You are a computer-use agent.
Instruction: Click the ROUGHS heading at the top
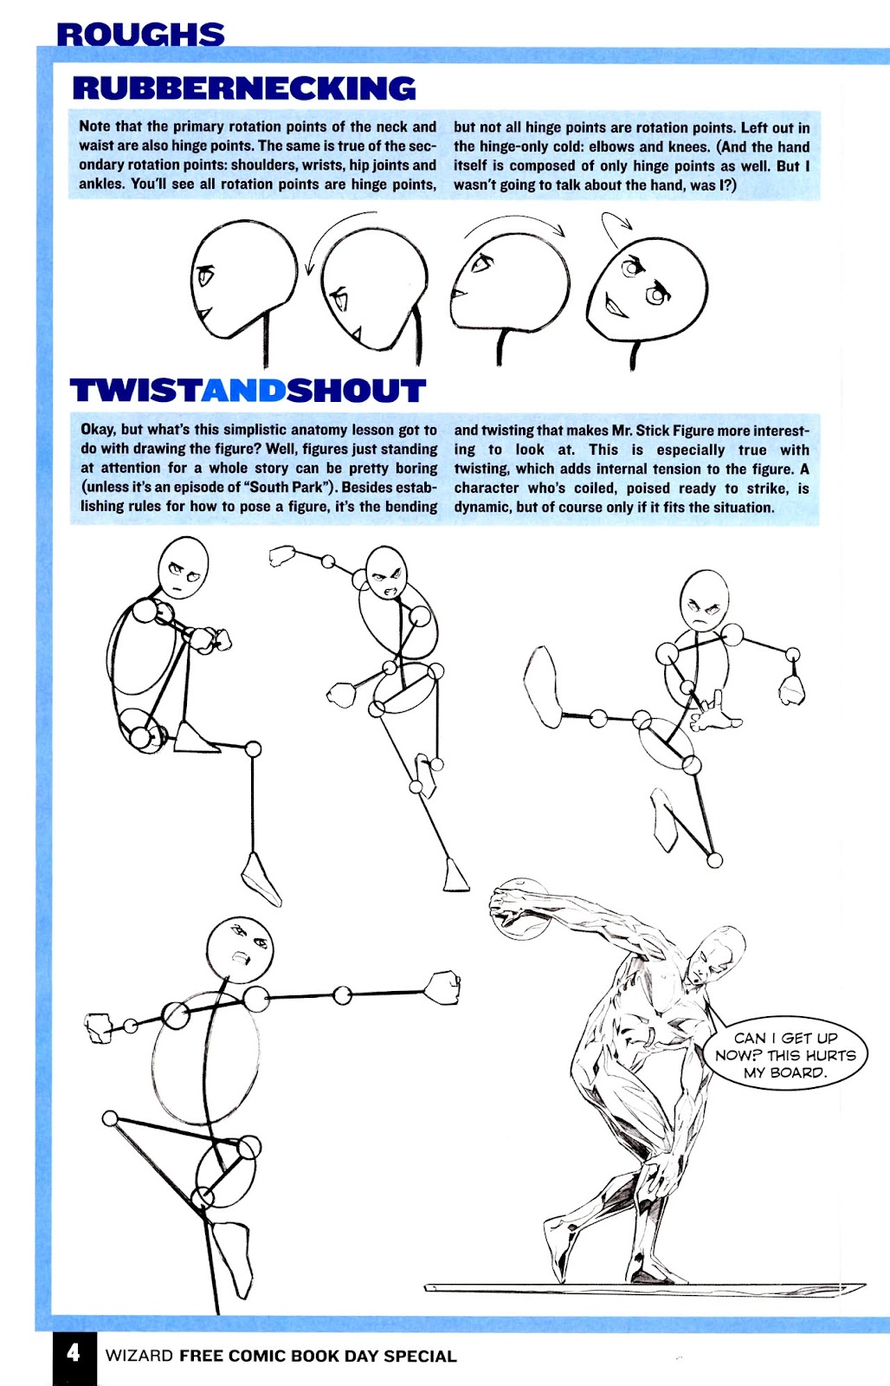pyautogui.click(x=140, y=34)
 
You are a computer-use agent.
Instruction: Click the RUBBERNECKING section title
pyautogui.click(x=244, y=88)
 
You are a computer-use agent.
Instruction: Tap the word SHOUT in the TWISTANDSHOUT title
pyautogui.click(x=356, y=391)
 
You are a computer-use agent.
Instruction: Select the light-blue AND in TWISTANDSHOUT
pyautogui.click(x=244, y=391)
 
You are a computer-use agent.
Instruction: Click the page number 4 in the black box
pyautogui.click(x=73, y=1352)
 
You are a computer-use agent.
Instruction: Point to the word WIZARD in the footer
pyautogui.click(x=139, y=1356)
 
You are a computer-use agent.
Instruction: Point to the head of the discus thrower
pyautogui.click(x=719, y=953)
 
